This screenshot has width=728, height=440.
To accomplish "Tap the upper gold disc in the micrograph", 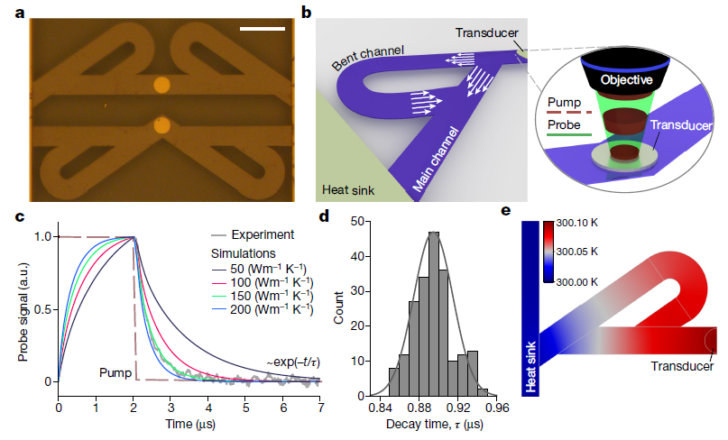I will tap(161, 86).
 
